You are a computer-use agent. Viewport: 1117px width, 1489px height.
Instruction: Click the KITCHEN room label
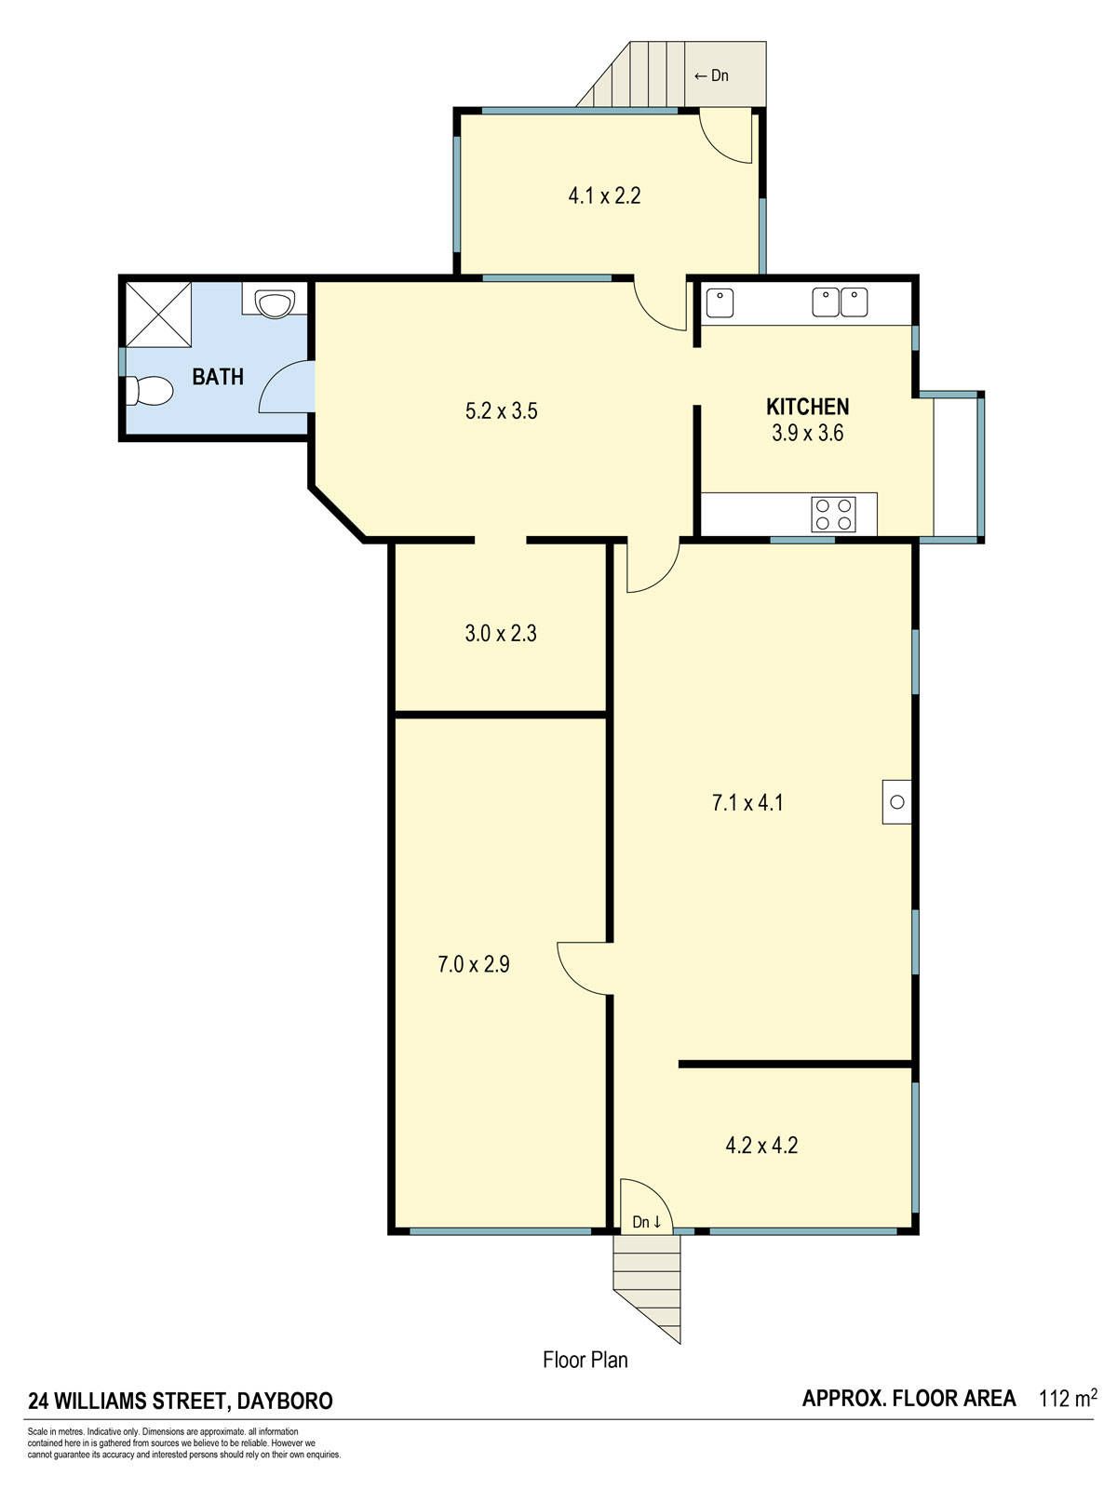click(x=807, y=407)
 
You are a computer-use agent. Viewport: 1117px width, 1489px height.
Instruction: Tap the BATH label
click(x=218, y=377)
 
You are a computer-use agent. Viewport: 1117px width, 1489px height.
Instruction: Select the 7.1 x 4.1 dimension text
click(x=747, y=802)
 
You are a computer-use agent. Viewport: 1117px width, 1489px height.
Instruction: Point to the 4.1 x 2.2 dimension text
click(x=604, y=196)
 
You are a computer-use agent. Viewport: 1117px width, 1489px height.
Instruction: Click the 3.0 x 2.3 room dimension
click(x=501, y=633)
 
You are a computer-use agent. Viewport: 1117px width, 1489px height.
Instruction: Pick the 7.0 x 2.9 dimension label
click(x=474, y=964)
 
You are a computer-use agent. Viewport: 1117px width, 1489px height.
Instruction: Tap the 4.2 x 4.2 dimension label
click(x=761, y=1146)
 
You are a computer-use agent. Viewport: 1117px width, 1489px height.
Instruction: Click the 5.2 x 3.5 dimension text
click(x=501, y=410)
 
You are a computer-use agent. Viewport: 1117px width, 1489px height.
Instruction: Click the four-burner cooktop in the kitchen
click(x=833, y=515)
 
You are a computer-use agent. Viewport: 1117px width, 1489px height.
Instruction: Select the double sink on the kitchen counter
click(x=841, y=302)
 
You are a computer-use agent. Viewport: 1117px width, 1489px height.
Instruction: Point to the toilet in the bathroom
click(x=149, y=391)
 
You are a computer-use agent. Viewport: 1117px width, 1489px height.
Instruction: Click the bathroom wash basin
click(x=275, y=302)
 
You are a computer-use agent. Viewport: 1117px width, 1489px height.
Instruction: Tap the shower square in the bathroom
click(x=158, y=315)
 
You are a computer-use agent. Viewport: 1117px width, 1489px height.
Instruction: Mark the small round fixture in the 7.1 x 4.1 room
click(x=896, y=802)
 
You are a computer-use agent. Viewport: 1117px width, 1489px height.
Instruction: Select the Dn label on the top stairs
click(x=711, y=75)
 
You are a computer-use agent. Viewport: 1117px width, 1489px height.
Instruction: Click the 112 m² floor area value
click(x=1069, y=1398)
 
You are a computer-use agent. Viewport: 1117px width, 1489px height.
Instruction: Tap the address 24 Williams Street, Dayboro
click(x=181, y=1401)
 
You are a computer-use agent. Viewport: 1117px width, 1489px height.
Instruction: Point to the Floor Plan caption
click(x=585, y=1360)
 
